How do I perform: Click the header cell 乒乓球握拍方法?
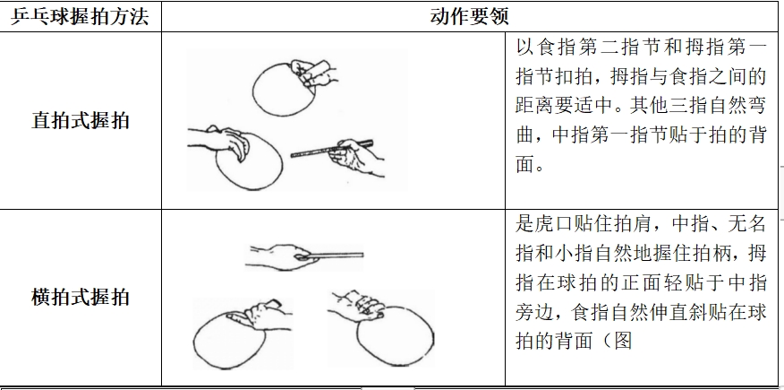[x=80, y=16]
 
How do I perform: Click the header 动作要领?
[x=470, y=16]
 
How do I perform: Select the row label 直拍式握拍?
[x=81, y=121]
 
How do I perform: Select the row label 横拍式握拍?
[x=81, y=297]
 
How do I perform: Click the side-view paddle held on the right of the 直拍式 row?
[x=338, y=158]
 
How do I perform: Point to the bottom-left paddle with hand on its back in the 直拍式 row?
[x=235, y=158]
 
